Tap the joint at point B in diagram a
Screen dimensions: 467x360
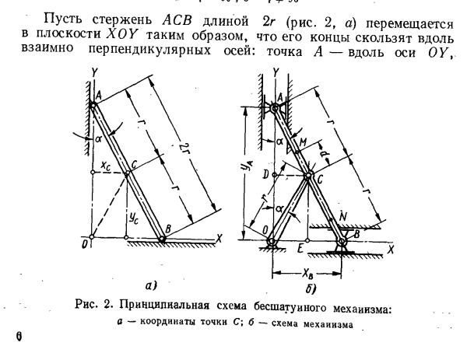[x=162, y=239]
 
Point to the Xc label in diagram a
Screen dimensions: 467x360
[x=105, y=167]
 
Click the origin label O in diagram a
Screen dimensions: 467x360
[x=85, y=245]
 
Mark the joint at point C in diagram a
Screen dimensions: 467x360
[x=127, y=173]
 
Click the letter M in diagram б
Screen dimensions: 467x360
[x=303, y=143]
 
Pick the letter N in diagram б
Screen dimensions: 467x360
[x=343, y=216]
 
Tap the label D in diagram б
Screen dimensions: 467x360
[x=266, y=175]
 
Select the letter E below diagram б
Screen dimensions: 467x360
[x=300, y=247]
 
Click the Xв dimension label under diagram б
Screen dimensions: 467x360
[x=307, y=273]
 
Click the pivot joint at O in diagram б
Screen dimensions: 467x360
[x=272, y=241]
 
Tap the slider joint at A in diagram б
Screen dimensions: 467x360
[x=276, y=108]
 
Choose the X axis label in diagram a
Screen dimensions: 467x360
[x=219, y=238]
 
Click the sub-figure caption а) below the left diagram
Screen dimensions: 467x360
[x=151, y=285]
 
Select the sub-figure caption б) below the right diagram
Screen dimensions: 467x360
[x=311, y=288]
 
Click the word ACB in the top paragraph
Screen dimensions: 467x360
[x=177, y=21]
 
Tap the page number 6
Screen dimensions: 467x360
[x=19, y=337]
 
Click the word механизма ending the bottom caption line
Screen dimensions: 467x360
[x=328, y=324]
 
